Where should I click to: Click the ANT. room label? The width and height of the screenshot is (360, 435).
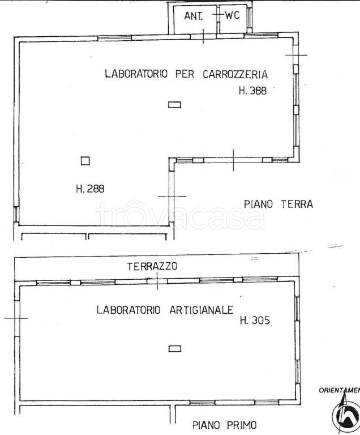[194, 16]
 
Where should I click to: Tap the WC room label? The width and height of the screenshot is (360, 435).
[232, 15]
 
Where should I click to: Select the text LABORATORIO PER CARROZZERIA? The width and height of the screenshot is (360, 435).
[186, 74]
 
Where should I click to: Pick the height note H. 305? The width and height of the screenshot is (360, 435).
[255, 321]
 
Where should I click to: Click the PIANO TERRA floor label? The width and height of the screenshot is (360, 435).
[278, 204]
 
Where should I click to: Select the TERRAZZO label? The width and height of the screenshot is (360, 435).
[152, 266]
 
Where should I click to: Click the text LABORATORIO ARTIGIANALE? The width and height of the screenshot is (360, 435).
[165, 310]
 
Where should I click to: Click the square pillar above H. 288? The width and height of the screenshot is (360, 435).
[85, 161]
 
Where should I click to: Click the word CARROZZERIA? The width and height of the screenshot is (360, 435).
[232, 74]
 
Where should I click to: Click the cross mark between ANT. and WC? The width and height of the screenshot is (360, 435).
[218, 15]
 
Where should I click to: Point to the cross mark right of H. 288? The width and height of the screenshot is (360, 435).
[172, 196]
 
